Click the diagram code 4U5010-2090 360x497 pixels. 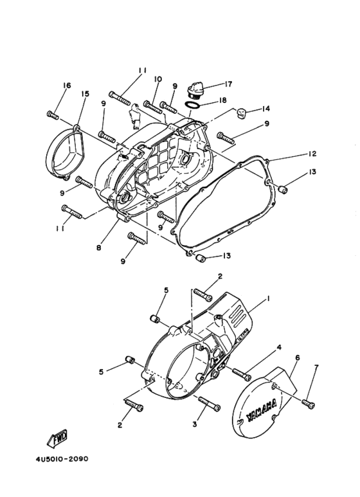57,460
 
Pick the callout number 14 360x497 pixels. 265,109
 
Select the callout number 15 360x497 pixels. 84,94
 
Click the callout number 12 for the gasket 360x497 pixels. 311,154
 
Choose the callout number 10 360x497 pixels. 157,79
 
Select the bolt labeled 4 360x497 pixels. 241,372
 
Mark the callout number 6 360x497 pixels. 297,357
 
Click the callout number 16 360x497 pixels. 66,86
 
